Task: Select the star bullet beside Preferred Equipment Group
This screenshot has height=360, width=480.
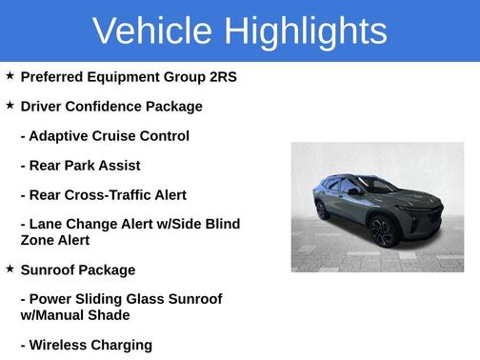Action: pyautogui.click(x=10, y=75)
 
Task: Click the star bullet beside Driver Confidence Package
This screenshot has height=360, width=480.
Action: pyautogui.click(x=10, y=105)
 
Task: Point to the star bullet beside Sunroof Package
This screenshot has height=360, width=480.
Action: pyautogui.click(x=10, y=270)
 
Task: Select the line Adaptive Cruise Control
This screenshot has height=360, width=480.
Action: pyautogui.click(x=105, y=136)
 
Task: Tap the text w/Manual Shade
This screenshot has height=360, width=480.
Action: pyautogui.click(x=75, y=314)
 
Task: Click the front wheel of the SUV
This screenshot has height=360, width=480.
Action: pyautogui.click(x=382, y=230)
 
